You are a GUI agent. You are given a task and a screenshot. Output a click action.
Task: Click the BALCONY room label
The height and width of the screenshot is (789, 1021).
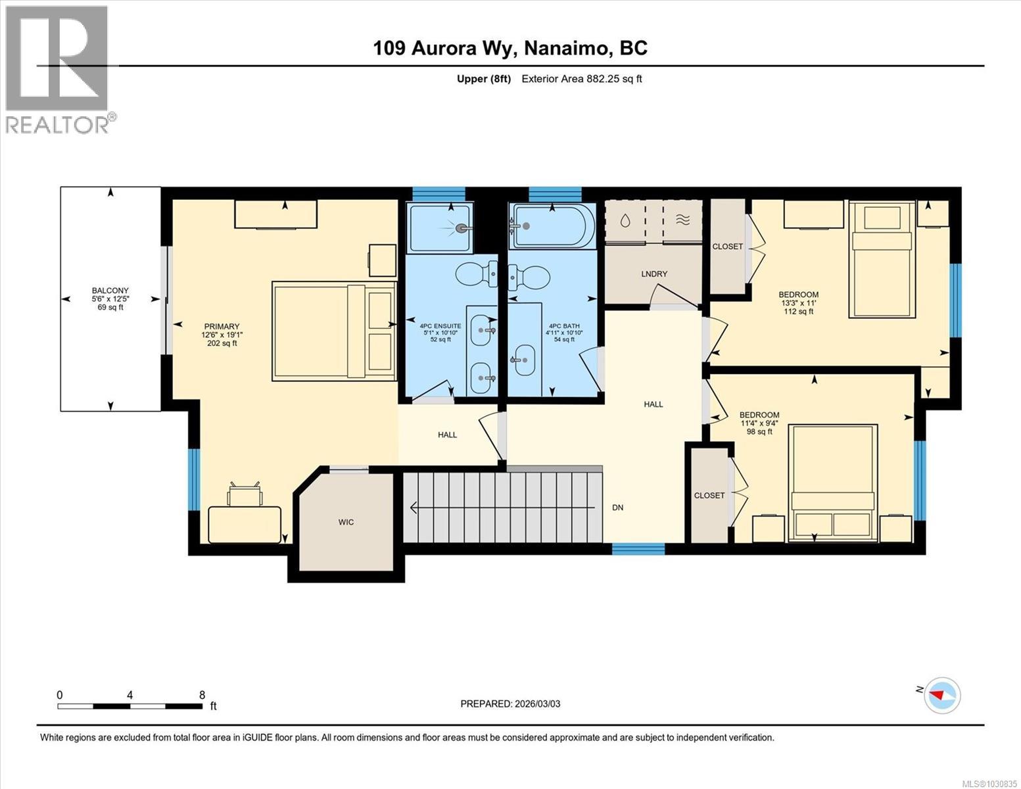point(110,291)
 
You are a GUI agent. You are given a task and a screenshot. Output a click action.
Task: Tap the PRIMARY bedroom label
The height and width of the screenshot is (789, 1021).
point(222,327)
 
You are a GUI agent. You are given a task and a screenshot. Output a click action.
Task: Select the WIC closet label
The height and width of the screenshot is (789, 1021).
point(346,522)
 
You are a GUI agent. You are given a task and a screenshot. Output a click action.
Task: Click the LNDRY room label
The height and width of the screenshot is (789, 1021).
point(653,274)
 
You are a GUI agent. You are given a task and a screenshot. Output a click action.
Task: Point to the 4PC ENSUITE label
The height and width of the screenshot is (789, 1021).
point(440,326)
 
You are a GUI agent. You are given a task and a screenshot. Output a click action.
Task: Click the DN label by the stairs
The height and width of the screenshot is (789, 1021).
point(617,508)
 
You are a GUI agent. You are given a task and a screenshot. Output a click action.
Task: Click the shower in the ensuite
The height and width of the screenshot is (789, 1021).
point(439,228)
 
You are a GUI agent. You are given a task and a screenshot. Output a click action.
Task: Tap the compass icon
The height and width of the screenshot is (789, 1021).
point(942,695)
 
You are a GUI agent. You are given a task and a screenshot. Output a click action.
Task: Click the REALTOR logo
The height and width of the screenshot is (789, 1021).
point(58,69)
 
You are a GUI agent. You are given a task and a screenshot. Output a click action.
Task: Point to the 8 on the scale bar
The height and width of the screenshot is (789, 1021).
point(202,695)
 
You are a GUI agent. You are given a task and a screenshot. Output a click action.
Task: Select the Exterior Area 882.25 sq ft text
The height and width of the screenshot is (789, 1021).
point(581,79)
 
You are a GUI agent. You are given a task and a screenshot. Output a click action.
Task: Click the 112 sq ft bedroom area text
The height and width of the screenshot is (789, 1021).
point(798,312)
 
